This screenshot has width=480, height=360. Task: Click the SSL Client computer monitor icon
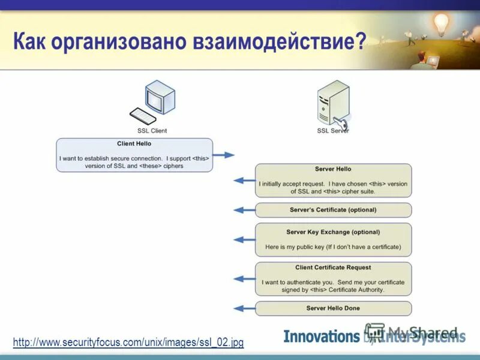click(x=160, y=98)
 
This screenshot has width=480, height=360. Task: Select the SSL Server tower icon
click(x=332, y=104)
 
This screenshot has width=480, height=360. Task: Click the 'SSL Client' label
click(x=152, y=130)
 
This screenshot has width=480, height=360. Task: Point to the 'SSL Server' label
click(x=332, y=130)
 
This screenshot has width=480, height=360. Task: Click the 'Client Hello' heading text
click(x=134, y=144)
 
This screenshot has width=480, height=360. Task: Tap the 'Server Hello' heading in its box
click(x=333, y=169)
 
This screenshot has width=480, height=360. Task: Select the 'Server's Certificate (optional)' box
click(x=333, y=210)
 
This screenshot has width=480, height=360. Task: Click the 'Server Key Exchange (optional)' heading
click(x=333, y=232)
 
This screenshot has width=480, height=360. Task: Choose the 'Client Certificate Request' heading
click(x=333, y=268)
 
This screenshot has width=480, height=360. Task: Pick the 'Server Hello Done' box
click(x=333, y=308)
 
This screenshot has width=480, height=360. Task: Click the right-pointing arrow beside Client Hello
click(x=224, y=155)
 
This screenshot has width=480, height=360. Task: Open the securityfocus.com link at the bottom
click(x=128, y=343)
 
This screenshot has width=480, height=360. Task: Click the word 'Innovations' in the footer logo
click(x=321, y=337)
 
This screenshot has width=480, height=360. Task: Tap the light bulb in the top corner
click(x=441, y=23)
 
